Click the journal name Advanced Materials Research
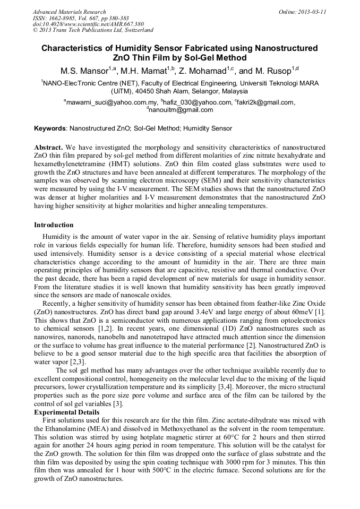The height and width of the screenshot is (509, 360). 69,12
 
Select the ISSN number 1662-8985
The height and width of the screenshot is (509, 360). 65,18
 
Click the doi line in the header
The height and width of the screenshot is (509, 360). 88,24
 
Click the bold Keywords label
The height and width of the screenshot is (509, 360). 50,128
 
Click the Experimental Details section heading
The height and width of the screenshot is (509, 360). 66,412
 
